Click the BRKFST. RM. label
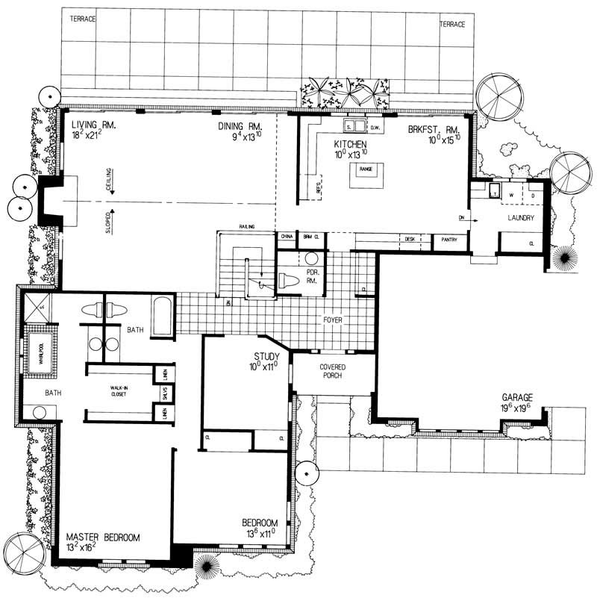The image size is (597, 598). (431, 128)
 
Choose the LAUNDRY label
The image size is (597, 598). (520, 218)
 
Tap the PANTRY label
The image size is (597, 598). (449, 240)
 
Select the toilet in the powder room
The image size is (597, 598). (290, 280)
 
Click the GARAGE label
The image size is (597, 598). (516, 398)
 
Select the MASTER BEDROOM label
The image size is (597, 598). (101, 537)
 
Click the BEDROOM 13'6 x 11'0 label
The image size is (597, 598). (260, 523)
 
